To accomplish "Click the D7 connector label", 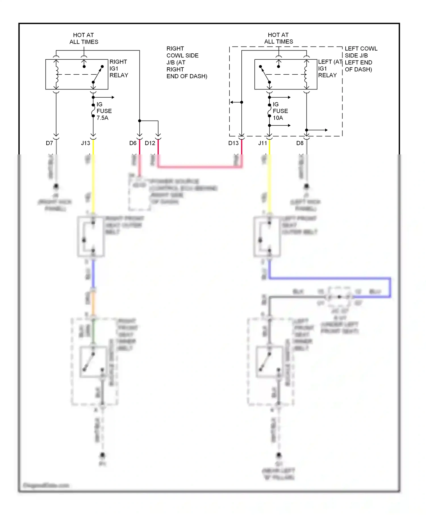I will tap(49, 143).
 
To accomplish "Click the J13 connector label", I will tap(85, 143).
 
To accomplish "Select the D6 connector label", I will tap(133, 143).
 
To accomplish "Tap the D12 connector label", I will tap(150, 143).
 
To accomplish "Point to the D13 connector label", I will tap(233, 143).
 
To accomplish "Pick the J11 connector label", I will tap(263, 143).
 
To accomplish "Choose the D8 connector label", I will tap(300, 143).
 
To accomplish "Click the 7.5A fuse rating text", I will tap(102, 118).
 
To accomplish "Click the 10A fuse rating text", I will tap(278, 118).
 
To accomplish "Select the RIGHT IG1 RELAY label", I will tap(119, 68).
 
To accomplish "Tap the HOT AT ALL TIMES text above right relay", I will tap(83, 38).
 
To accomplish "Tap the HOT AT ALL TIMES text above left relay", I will tap(278, 38).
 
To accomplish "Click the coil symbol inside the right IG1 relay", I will tap(57, 74).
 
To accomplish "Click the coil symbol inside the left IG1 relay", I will tap(306, 74).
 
